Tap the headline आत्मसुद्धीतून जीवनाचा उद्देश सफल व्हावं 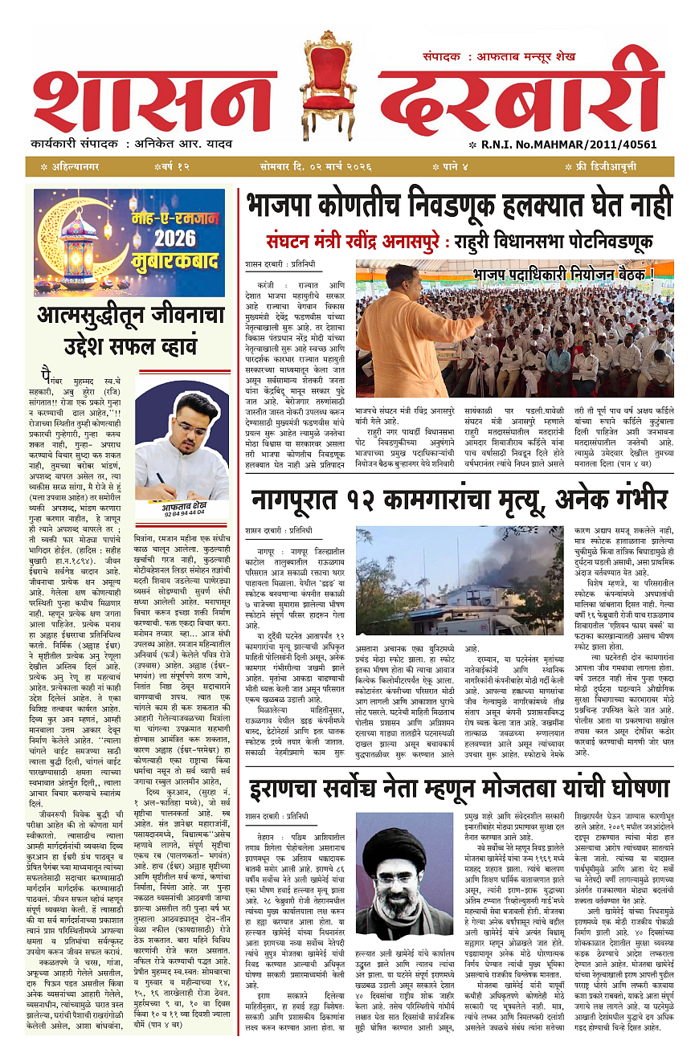129,332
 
